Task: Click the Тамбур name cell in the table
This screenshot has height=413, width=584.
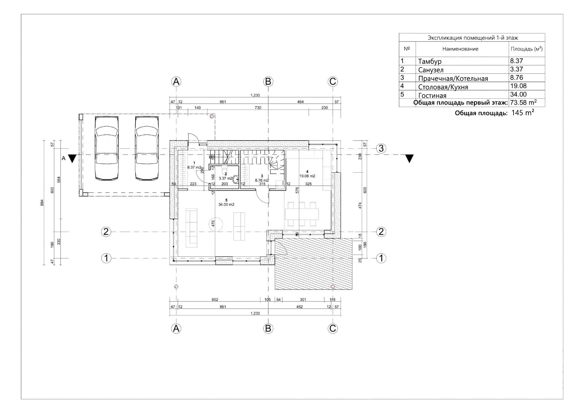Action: click(x=430, y=61)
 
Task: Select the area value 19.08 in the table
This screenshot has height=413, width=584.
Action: click(x=518, y=86)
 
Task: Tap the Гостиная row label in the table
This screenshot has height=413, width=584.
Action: click(x=432, y=96)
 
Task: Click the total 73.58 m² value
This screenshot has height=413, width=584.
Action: click(x=523, y=103)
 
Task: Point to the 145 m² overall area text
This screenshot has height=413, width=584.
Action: click(x=522, y=113)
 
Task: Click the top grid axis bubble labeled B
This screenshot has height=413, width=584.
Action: click(x=268, y=82)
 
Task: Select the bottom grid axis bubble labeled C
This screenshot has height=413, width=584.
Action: click(x=333, y=329)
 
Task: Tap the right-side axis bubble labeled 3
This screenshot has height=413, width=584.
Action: click(x=381, y=148)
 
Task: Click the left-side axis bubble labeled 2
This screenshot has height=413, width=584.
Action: click(x=106, y=232)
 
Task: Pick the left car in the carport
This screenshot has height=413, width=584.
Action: click(x=107, y=148)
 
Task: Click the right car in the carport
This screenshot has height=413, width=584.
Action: click(x=147, y=148)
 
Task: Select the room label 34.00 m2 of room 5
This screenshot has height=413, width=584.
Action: click(x=226, y=205)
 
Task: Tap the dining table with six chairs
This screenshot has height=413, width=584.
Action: click(x=302, y=214)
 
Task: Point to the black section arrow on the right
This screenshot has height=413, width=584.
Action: click(x=409, y=158)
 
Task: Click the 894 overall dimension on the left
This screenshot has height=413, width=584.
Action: click(x=42, y=203)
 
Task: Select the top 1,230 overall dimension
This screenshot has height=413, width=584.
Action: click(x=255, y=95)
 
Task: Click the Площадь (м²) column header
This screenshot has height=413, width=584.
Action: click(x=526, y=49)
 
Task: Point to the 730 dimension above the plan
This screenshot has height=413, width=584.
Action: click(x=258, y=108)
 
